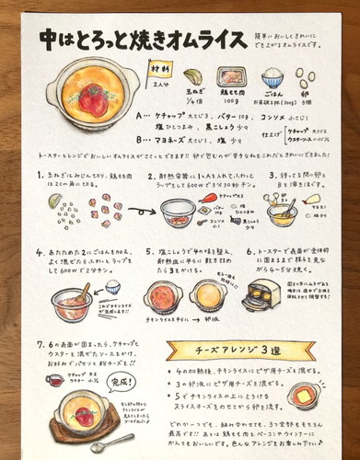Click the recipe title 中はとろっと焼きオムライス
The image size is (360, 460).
[131, 40]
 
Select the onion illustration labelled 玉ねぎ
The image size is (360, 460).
[192, 77]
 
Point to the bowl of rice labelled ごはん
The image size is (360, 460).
[273, 78]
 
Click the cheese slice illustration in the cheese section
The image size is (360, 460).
[305, 396]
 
